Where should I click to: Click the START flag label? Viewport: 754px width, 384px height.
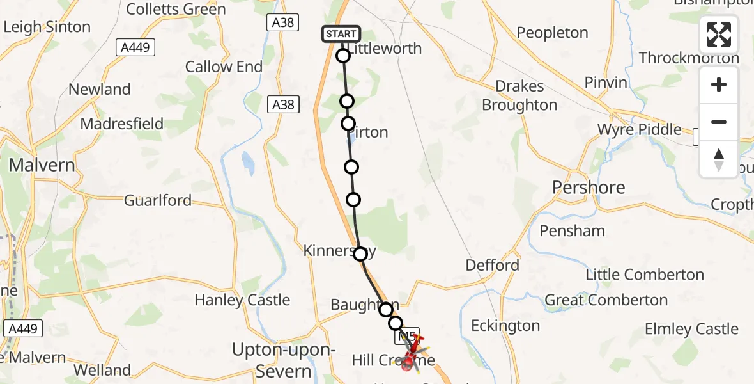pos(341,34)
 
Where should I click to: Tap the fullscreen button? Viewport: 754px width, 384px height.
pos(719,35)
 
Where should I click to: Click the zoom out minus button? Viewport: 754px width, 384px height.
pos(719,122)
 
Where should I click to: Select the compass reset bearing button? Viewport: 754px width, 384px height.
pos(719,159)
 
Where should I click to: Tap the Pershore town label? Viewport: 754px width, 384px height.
pos(589,188)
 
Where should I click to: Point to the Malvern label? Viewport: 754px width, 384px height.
pos(42,165)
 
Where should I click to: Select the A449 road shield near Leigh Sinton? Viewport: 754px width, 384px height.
pos(135,47)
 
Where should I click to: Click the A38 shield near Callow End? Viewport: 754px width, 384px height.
pos(283,104)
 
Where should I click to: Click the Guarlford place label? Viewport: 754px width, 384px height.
pos(157,200)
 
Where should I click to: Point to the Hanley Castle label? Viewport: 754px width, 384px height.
pos(242,300)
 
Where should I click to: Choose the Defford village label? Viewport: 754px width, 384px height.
pos(492,265)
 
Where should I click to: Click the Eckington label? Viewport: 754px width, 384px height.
pos(505,326)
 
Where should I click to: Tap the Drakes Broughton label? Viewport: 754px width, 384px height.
pos(519,96)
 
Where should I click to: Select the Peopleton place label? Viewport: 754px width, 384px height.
pos(552,33)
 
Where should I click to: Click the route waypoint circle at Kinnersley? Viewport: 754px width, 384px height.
pos(360,254)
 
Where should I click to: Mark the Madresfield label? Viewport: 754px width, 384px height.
pos(122,124)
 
